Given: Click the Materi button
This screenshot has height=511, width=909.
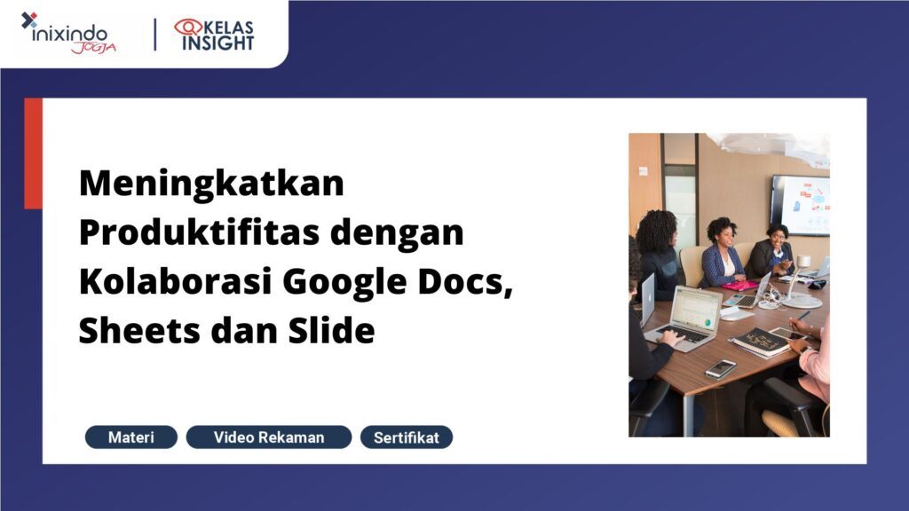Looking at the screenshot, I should pyautogui.click(x=130, y=437).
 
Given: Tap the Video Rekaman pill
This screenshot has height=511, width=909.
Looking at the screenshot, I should pyautogui.click(x=268, y=437).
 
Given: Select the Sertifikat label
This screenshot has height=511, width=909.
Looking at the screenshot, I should pyautogui.click(x=407, y=437).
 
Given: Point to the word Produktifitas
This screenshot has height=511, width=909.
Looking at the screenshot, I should pyautogui.click(x=196, y=234).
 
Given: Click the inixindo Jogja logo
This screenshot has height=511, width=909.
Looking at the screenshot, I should pyautogui.click(x=67, y=33).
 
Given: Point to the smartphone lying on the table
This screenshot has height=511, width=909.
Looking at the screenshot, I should pyautogui.click(x=721, y=368).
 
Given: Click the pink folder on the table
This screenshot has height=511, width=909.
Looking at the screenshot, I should pyautogui.click(x=740, y=285).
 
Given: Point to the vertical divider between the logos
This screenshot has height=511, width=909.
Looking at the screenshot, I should pyautogui.click(x=156, y=34).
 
